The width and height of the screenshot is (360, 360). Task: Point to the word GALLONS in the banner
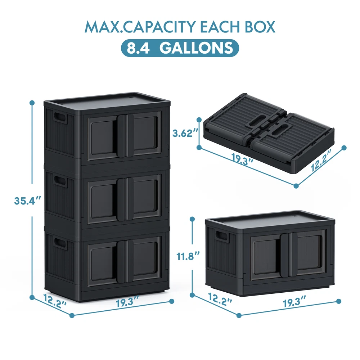click(196, 48)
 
